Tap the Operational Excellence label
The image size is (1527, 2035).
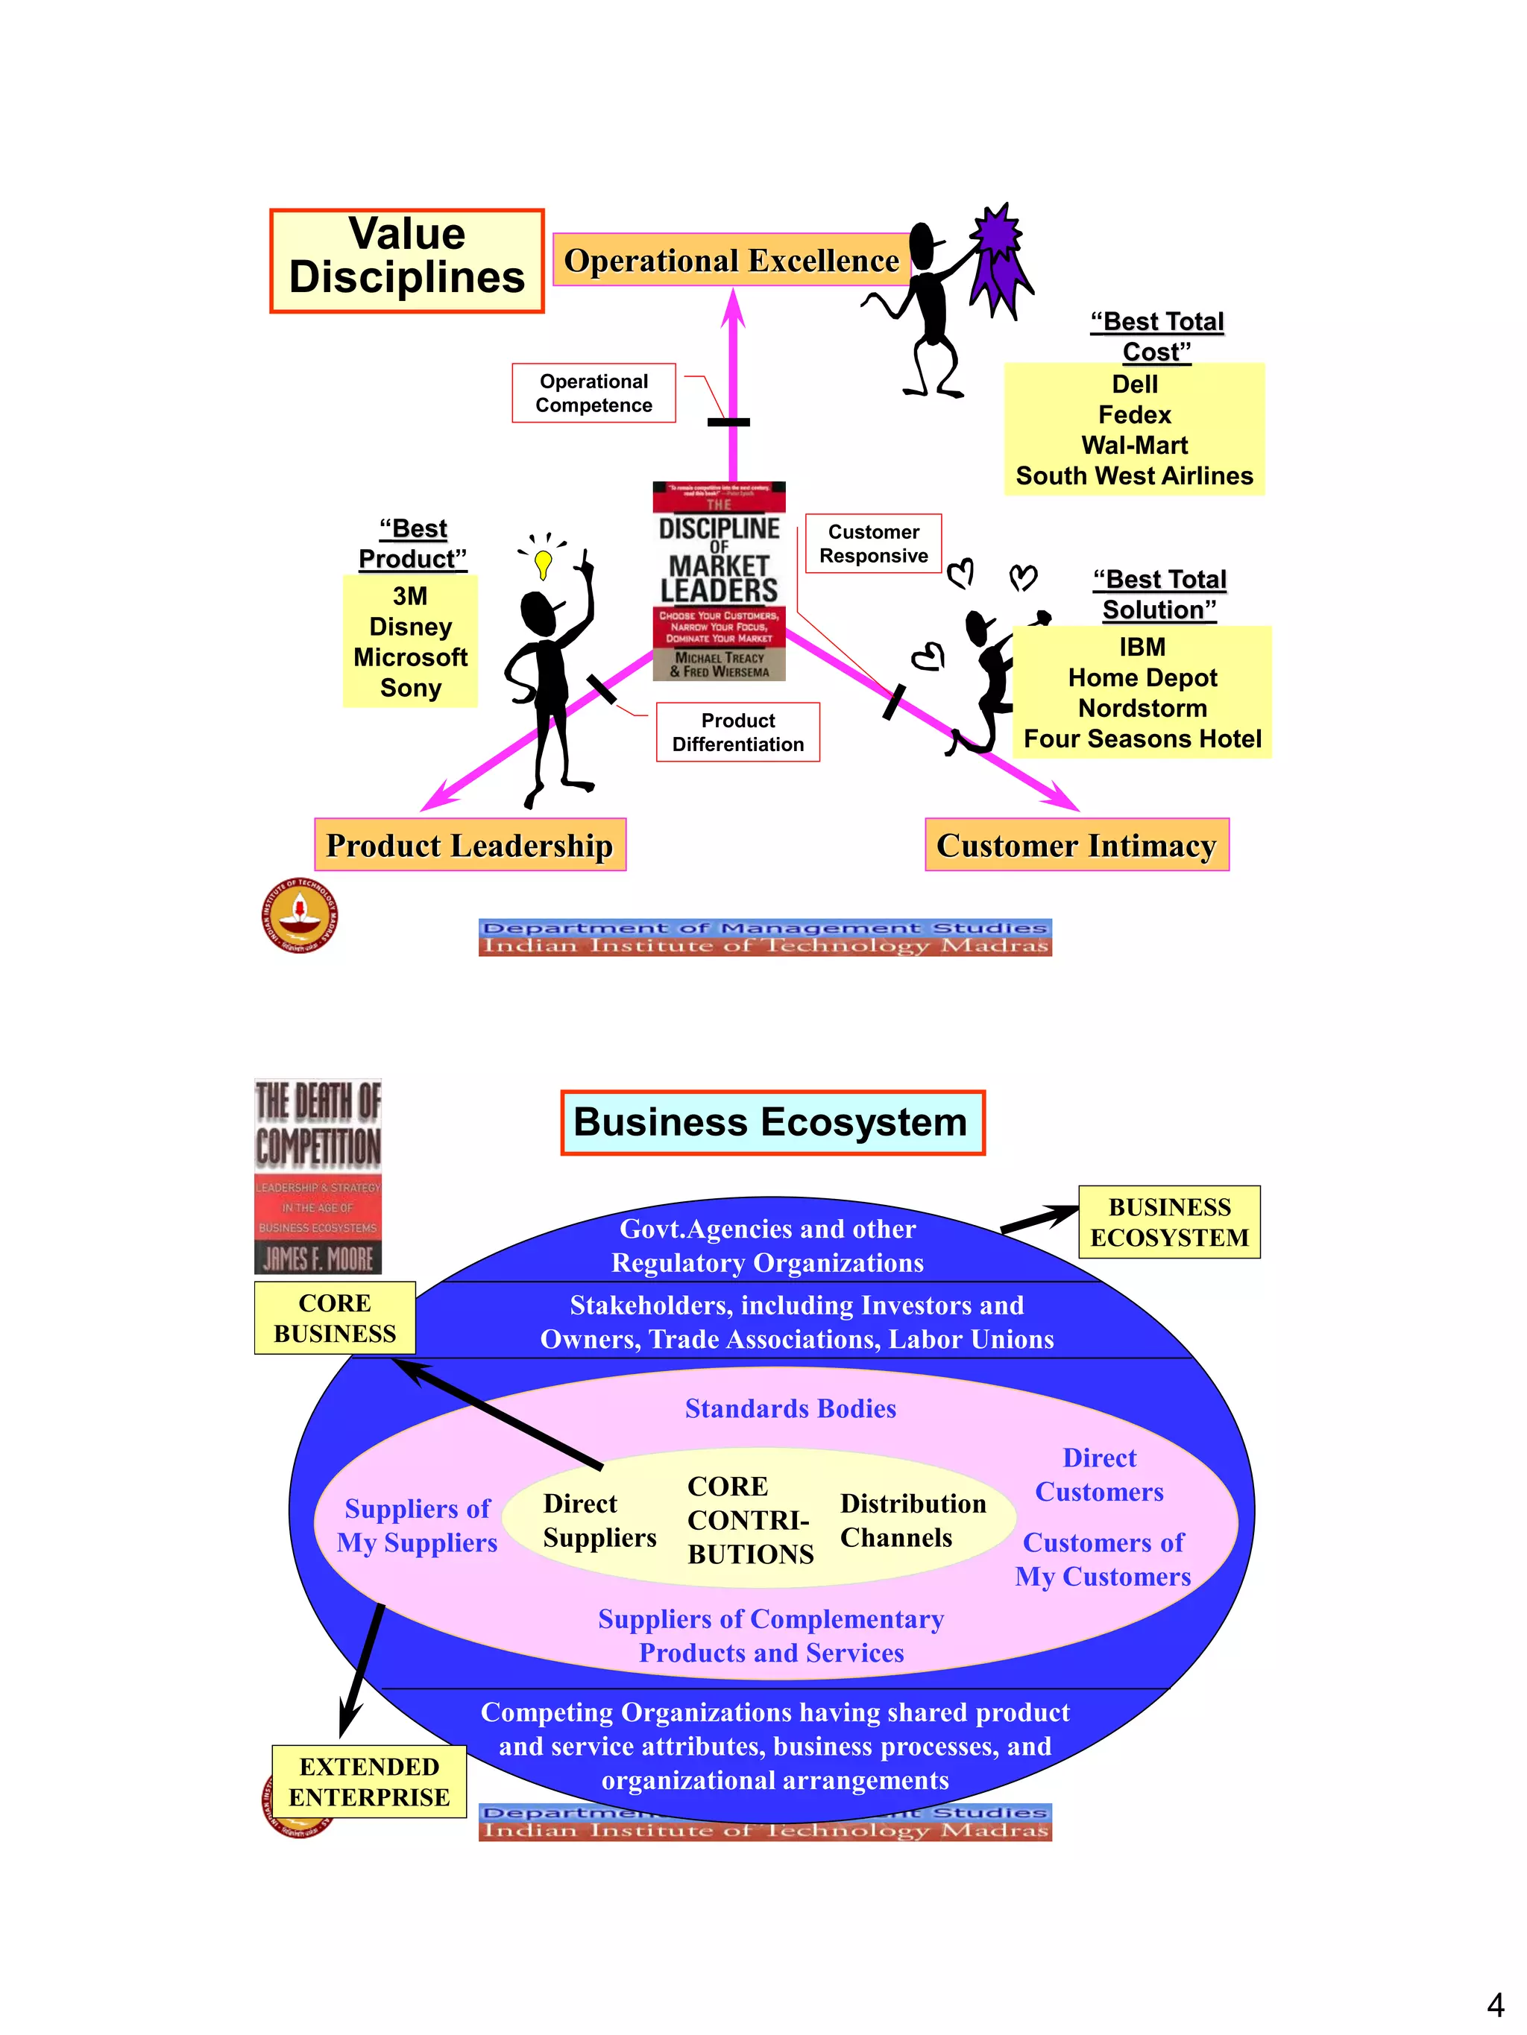(731, 260)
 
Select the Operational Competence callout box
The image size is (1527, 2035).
(594, 393)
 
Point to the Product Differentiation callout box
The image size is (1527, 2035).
(737, 732)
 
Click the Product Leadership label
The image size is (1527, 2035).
(470, 844)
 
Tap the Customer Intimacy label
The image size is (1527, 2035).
(1076, 844)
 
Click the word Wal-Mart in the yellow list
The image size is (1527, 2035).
(1134, 446)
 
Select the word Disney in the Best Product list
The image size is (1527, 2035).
(411, 627)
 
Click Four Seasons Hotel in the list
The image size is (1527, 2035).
(1142, 738)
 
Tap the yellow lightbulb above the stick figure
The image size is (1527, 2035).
(543, 562)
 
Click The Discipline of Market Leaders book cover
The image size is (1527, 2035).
(719, 581)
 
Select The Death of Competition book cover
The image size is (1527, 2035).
(318, 1176)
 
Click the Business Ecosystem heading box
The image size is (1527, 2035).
(771, 1122)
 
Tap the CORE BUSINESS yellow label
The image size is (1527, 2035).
(335, 1317)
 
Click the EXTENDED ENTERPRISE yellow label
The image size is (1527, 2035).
(369, 1781)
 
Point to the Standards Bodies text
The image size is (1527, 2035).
(790, 1408)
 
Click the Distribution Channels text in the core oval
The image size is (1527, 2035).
(911, 1520)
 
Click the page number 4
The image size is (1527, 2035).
(1495, 2004)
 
